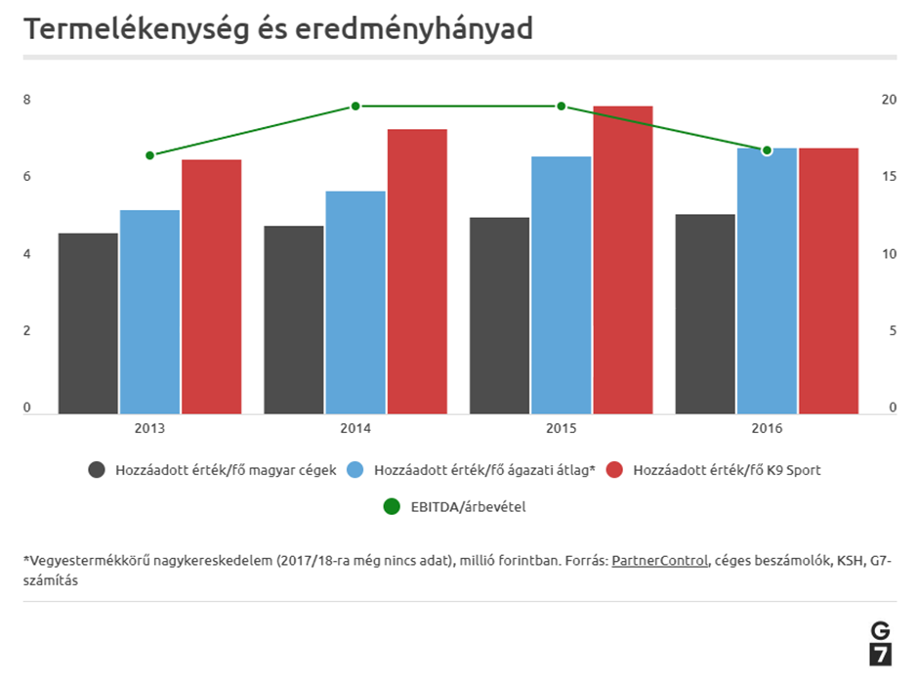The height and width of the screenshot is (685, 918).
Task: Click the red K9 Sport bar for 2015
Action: [x=622, y=260]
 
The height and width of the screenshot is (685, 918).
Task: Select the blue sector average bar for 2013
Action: [x=149, y=312]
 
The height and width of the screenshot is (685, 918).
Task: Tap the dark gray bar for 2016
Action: [x=705, y=314]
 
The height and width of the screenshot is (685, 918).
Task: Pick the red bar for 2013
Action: [x=211, y=286]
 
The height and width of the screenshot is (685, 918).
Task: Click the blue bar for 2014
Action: [x=355, y=302]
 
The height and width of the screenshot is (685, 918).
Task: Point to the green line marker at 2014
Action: [x=355, y=106]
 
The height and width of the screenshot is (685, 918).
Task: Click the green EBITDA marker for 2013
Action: [x=149, y=155]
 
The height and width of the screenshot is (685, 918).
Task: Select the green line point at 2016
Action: [x=767, y=150]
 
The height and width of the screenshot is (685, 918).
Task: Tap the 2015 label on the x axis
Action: [x=561, y=428]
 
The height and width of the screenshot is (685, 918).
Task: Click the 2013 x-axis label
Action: [x=149, y=428]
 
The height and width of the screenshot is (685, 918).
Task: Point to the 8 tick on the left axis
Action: [x=27, y=99]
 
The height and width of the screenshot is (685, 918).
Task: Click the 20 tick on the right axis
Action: [x=888, y=99]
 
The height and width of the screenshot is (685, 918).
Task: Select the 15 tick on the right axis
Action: [x=888, y=176]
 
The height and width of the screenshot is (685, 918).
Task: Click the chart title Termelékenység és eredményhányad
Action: [x=278, y=29]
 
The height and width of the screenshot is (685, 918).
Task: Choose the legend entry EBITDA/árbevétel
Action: [x=469, y=506]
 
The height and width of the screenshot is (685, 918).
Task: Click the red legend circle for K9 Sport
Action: [x=614, y=470]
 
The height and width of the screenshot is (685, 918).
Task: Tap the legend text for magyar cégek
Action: [x=225, y=470]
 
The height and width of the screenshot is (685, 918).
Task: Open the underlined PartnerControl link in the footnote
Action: [x=659, y=561]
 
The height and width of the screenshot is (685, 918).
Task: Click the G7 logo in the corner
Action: [x=880, y=642]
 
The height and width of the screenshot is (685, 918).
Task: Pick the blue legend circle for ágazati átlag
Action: [x=355, y=470]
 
